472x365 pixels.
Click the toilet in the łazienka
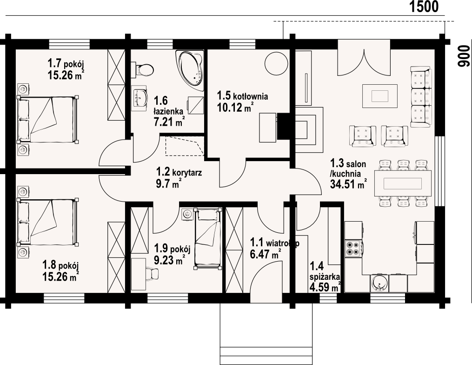pos(143,70)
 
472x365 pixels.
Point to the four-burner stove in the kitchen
pos(353,248)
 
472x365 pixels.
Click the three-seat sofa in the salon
pos(421,97)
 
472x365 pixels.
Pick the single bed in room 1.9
pos(208,238)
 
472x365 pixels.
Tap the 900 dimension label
pos(464,56)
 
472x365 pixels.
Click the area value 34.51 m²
pos(349,183)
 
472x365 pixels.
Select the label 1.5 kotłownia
pos(243,96)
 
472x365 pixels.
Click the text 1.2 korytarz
pos(179,172)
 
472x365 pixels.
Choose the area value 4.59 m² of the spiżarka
pos(326,287)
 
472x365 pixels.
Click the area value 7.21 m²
pos(169,122)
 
